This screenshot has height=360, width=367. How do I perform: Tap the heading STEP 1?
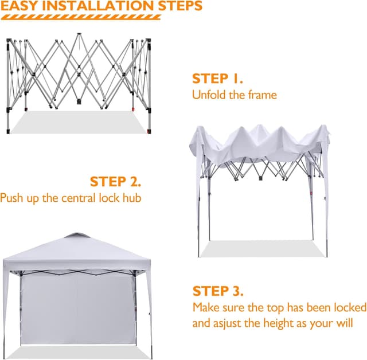point(217,79)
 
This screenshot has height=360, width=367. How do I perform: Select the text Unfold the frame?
point(234,95)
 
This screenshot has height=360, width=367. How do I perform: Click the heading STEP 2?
point(115,182)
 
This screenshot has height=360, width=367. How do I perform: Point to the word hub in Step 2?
point(131,198)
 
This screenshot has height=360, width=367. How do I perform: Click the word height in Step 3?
point(276,323)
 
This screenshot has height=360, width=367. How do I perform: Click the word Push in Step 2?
point(13,198)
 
